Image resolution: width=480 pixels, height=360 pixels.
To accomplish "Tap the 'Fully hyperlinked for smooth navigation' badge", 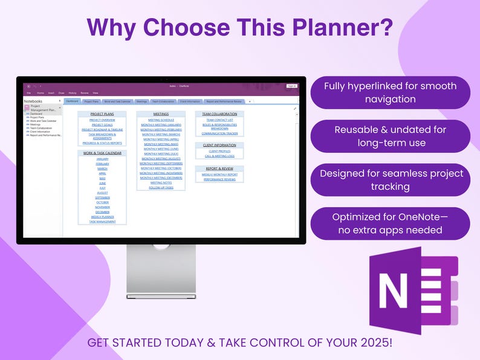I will click(x=390, y=92).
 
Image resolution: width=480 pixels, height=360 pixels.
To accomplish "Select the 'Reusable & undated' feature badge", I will click(x=390, y=136).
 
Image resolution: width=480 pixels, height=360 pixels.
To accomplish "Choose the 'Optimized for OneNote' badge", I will click(x=390, y=223).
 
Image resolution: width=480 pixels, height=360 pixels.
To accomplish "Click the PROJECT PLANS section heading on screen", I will click(x=102, y=114).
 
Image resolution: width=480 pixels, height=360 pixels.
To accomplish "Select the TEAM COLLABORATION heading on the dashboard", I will click(x=219, y=114).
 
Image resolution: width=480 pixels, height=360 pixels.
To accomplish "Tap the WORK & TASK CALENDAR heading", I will click(x=102, y=153).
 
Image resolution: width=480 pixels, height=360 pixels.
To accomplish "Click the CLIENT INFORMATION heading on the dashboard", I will click(x=219, y=145).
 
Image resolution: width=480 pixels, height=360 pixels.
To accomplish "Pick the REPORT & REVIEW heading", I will click(x=219, y=169).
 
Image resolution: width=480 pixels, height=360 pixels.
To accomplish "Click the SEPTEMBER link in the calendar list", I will click(x=102, y=198).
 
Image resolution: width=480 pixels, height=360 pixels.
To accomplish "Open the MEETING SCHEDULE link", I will click(x=161, y=120).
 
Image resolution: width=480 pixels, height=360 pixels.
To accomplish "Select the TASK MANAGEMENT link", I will click(x=102, y=222).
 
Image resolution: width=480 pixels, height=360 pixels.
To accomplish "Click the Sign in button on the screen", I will click(x=291, y=86).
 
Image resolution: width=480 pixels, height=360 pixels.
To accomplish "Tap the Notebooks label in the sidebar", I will click(x=33, y=101).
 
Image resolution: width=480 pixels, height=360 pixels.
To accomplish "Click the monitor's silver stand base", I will click(x=161, y=296).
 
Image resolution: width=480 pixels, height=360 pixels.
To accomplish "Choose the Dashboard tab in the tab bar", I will click(x=71, y=101).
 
